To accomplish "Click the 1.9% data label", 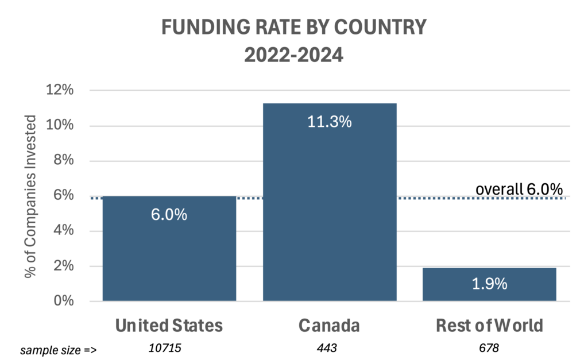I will pos(489,284).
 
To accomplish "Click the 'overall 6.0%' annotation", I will pos(519,189).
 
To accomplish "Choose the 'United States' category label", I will pos(169,326).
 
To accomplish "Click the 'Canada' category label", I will pos(329,326).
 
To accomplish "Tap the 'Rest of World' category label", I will pos(489,326).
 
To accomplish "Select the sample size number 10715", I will pos(169,349).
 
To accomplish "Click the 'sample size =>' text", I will pos(52,350).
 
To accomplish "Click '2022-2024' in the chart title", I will pos(294,56).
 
